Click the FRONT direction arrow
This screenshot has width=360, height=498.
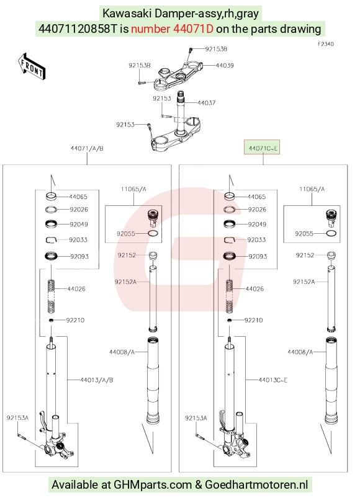[31, 67]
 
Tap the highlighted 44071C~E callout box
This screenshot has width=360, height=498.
[262, 147]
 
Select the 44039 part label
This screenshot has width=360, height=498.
[225, 65]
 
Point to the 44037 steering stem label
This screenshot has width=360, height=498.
[207, 103]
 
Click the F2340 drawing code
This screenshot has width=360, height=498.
[326, 44]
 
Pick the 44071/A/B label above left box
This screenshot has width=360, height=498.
[87, 148]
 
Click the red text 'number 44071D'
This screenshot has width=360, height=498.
[172, 29]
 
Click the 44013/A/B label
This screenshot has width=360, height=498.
[97, 380]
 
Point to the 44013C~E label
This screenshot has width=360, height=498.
[273, 380]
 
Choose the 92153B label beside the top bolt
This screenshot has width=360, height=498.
[216, 49]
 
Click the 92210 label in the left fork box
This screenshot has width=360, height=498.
[75, 320]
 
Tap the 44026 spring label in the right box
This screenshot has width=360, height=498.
[254, 289]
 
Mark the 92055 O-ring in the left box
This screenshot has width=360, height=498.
[153, 233]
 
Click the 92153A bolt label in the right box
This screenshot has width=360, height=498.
[196, 418]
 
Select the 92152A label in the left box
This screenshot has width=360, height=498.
[125, 282]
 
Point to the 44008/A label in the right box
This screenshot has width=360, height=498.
[300, 352]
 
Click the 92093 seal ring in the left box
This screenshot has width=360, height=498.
[51, 256]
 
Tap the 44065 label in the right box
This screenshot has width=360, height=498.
[256, 197]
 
